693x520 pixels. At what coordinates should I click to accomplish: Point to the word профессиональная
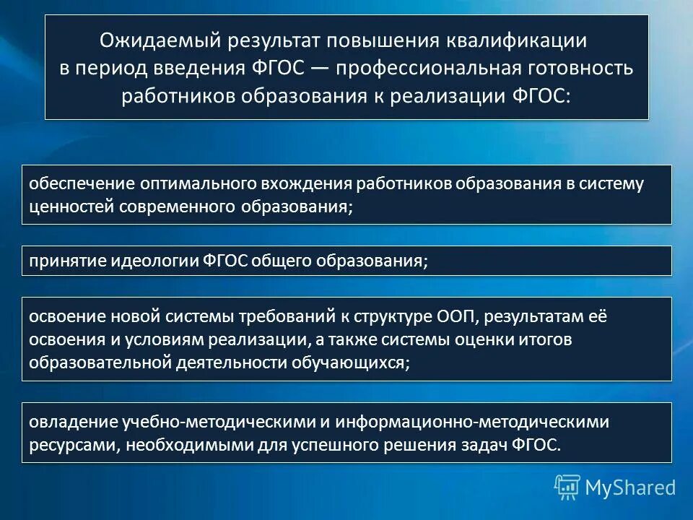(x=430, y=69)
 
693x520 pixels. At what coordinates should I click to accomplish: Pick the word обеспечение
(x=71, y=183)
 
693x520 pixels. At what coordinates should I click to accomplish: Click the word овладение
(x=67, y=421)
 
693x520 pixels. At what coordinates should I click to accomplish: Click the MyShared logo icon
(x=567, y=487)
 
